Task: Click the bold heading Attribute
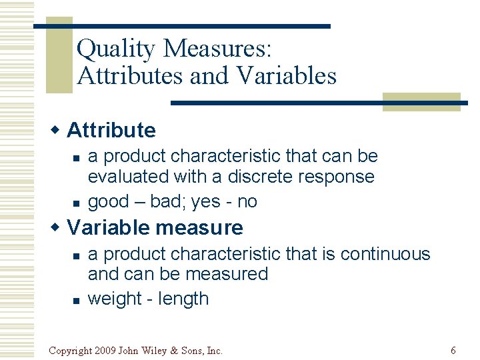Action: [x=111, y=130]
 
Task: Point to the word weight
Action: [x=116, y=299]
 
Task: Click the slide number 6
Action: [x=453, y=350]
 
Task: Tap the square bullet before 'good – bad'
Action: [x=77, y=202]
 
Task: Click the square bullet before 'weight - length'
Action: [x=77, y=300]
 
